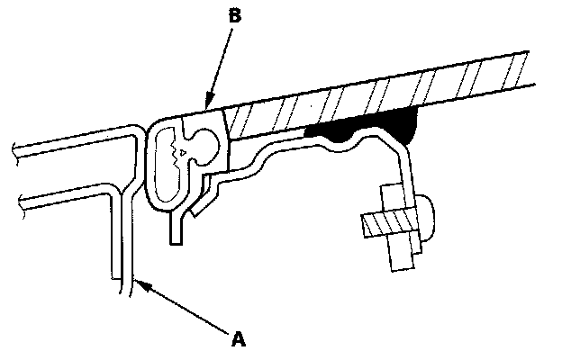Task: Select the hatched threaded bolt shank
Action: click(389, 220)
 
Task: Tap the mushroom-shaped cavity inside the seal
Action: click(200, 144)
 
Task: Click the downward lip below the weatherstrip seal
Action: click(177, 229)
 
